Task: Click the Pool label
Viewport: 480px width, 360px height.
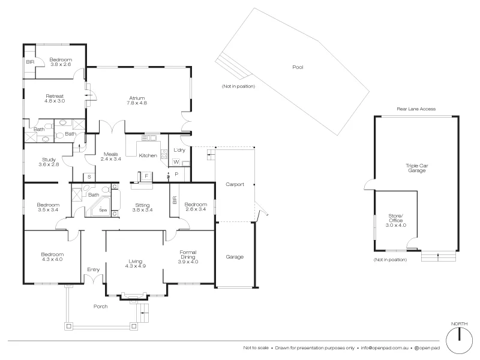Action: pyautogui.click(x=298, y=67)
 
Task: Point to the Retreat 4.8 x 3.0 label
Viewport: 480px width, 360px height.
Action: pyautogui.click(x=54, y=98)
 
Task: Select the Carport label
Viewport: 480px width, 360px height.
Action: pyautogui.click(x=235, y=184)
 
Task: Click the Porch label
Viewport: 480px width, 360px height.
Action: pyautogui.click(x=100, y=306)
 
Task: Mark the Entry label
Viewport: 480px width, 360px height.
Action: pyautogui.click(x=94, y=269)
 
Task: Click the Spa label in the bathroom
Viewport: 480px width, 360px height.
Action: pyautogui.click(x=103, y=211)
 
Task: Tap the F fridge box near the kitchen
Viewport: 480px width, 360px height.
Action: pyautogui.click(x=146, y=175)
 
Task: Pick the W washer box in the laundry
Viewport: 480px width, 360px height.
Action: pyautogui.click(x=176, y=162)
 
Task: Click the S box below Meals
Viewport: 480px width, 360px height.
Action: pyautogui.click(x=89, y=176)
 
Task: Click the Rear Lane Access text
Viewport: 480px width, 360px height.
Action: pyautogui.click(x=416, y=109)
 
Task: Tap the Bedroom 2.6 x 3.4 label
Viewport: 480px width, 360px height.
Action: pyautogui.click(x=196, y=206)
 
